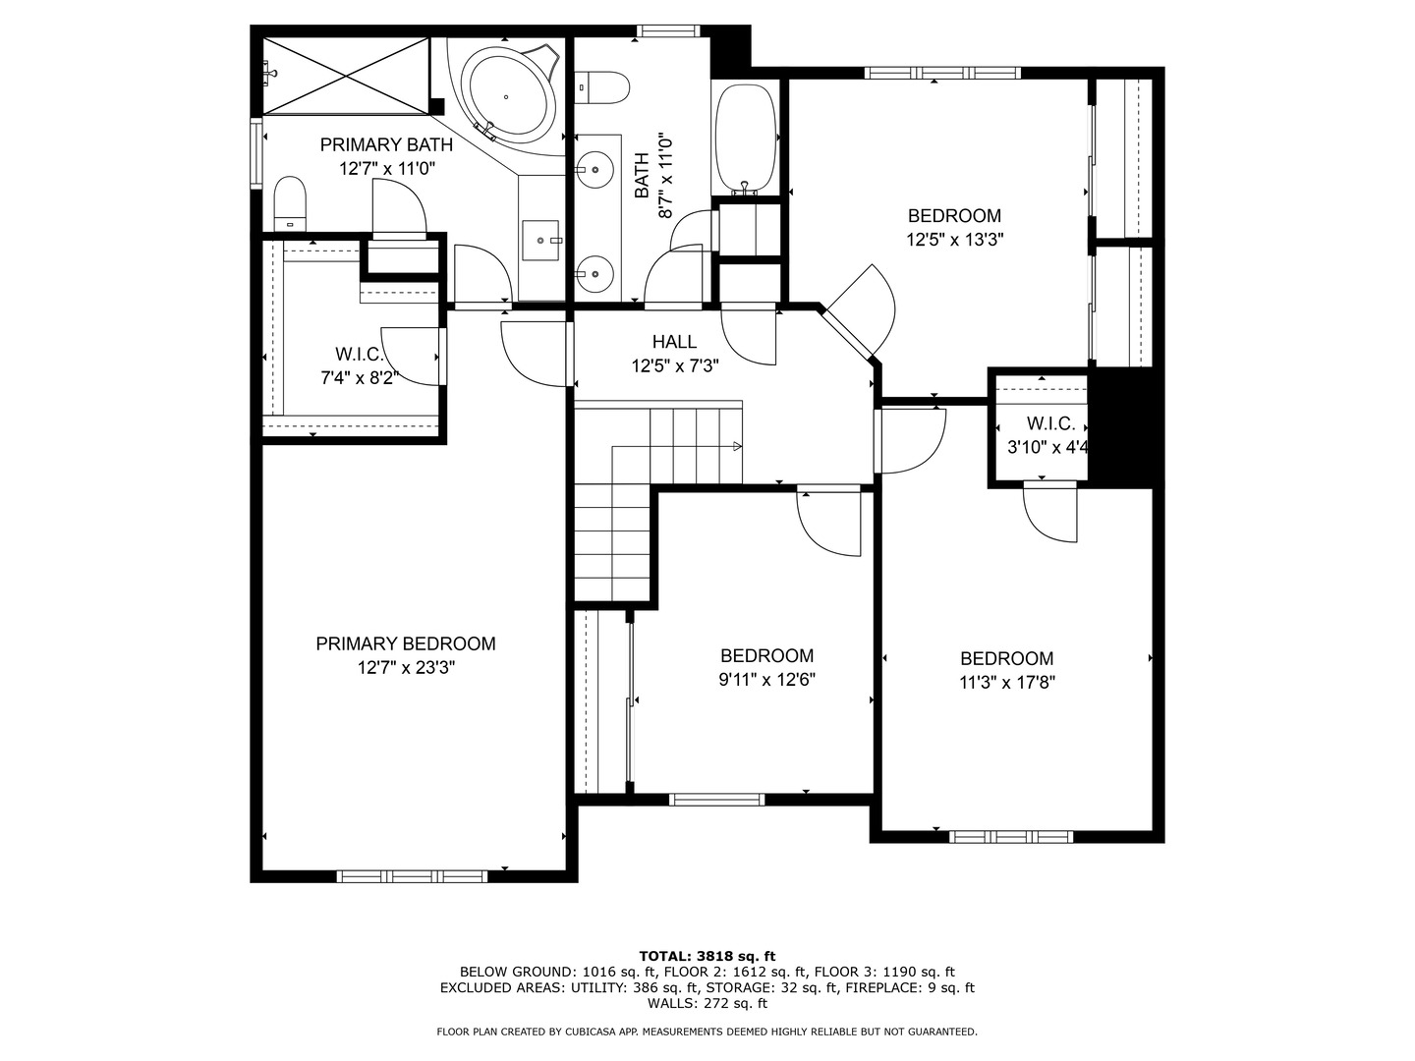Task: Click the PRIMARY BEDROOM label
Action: pyautogui.click(x=405, y=644)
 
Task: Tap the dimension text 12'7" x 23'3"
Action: pyautogui.click(x=405, y=668)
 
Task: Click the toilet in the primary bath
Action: pyautogui.click(x=290, y=202)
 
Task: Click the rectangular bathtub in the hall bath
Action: pyautogui.click(x=746, y=140)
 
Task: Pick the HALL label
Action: pyautogui.click(x=674, y=342)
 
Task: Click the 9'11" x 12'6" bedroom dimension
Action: pyautogui.click(x=766, y=679)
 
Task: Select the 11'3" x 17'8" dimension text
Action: pyautogui.click(x=1006, y=682)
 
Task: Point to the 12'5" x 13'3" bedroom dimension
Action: pyautogui.click(x=954, y=239)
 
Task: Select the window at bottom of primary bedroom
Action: pyautogui.click(x=412, y=875)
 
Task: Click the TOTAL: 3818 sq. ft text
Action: pyautogui.click(x=707, y=955)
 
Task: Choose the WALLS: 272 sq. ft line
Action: pyautogui.click(x=707, y=1004)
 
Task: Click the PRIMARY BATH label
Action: pyautogui.click(x=386, y=145)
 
